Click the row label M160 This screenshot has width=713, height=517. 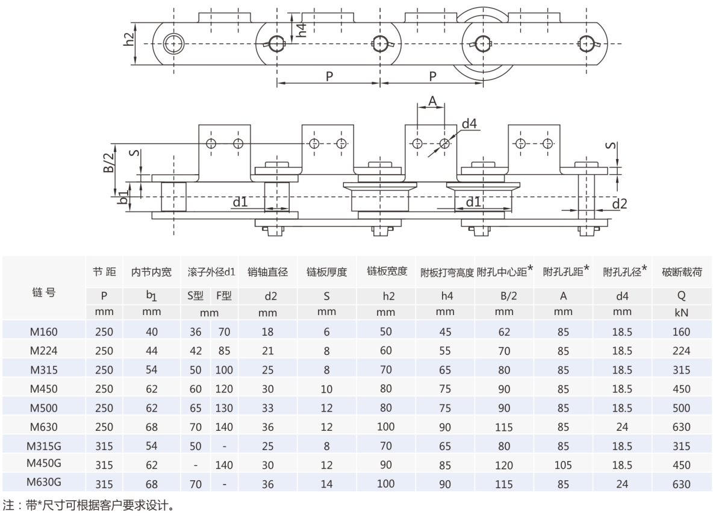click(x=44, y=331)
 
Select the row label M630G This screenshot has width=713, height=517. click(x=44, y=483)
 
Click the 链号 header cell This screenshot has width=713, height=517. click(x=44, y=292)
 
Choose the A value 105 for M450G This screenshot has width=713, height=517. click(x=563, y=465)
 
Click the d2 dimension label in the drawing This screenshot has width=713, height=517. click(x=619, y=204)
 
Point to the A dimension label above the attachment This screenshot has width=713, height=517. click(x=431, y=102)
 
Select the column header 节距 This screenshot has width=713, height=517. click(x=104, y=272)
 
